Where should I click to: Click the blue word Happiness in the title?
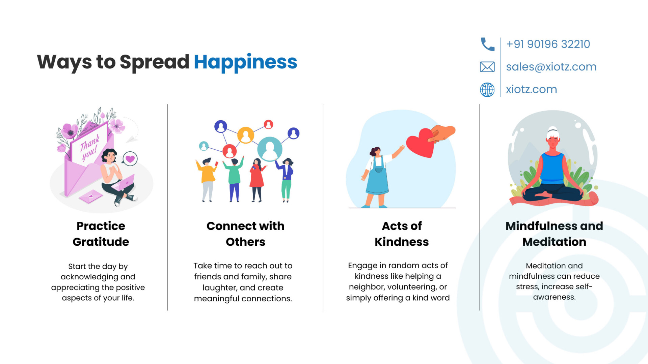pos(245,62)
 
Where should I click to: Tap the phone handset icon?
pos(487,44)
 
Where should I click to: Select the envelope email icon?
pos(487,67)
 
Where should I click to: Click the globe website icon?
pos(487,90)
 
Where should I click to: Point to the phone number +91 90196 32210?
pos(548,44)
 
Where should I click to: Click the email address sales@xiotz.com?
pos(551,67)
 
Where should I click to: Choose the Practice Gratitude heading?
pos(101,234)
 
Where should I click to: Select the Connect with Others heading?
pos(245,234)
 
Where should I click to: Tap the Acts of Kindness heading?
pos(402,234)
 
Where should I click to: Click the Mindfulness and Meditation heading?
pos(554,234)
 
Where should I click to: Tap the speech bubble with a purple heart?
pos(130,158)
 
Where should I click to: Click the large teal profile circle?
pos(270,149)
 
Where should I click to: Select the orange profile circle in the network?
pos(246,135)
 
